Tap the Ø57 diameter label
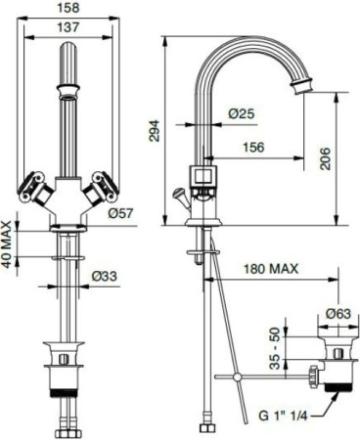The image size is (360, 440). (x=121, y=211)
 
